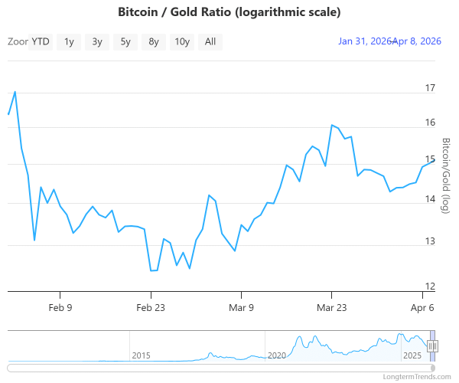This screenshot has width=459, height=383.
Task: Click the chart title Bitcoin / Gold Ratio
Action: click(229, 12)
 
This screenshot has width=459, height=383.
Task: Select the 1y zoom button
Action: click(69, 42)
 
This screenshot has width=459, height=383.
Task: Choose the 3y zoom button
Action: click(97, 42)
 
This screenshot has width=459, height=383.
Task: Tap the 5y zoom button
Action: click(125, 42)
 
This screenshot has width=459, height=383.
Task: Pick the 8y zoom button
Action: click(154, 42)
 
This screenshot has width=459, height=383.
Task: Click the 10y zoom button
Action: click(182, 42)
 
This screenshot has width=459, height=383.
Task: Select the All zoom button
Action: click(210, 42)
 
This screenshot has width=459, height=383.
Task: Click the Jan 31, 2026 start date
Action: click(366, 41)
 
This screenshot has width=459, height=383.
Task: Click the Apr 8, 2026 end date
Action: click(418, 41)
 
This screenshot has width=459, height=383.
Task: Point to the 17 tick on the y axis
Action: click(430, 88)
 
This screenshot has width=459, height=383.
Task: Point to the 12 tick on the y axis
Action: click(430, 286)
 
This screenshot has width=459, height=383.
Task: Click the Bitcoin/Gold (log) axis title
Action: click(446, 175)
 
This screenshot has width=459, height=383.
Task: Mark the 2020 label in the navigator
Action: click(276, 356)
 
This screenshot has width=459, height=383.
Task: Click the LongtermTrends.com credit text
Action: click(418, 376)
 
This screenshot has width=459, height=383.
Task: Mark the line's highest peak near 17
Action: click(15, 92)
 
